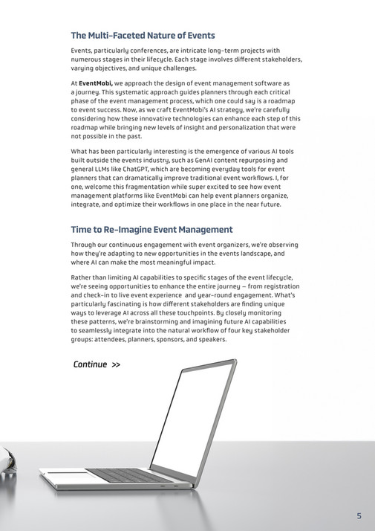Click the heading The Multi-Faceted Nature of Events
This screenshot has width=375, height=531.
(x=143, y=35)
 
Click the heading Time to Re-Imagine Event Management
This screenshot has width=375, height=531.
(x=151, y=229)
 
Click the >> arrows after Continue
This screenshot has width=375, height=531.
(x=116, y=364)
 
